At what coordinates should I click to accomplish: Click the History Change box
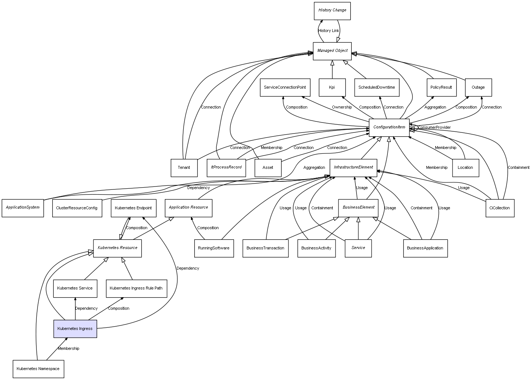click(x=332, y=11)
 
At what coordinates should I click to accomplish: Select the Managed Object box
click(x=332, y=51)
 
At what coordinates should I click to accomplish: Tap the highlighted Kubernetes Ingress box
click(x=75, y=328)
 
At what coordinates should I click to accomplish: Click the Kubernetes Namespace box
click(x=38, y=369)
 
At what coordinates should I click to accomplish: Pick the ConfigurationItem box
click(x=389, y=127)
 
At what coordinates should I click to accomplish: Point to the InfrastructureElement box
click(x=353, y=167)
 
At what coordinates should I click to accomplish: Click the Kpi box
click(x=332, y=88)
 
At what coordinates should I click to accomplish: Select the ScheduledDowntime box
click(x=377, y=88)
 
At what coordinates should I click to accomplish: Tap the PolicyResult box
click(x=441, y=88)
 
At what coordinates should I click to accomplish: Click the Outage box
click(x=478, y=88)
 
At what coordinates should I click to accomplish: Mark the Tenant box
click(x=184, y=168)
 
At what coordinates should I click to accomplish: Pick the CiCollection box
click(x=500, y=208)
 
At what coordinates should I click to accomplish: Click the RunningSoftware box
click(x=213, y=248)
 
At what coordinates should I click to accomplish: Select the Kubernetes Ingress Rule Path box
click(x=136, y=288)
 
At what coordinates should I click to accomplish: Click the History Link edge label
click(x=329, y=31)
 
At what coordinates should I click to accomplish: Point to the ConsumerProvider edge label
click(x=434, y=128)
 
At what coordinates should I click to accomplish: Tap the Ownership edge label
click(x=342, y=107)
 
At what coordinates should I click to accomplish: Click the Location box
click(x=465, y=168)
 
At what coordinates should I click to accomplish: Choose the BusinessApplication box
click(x=425, y=248)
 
